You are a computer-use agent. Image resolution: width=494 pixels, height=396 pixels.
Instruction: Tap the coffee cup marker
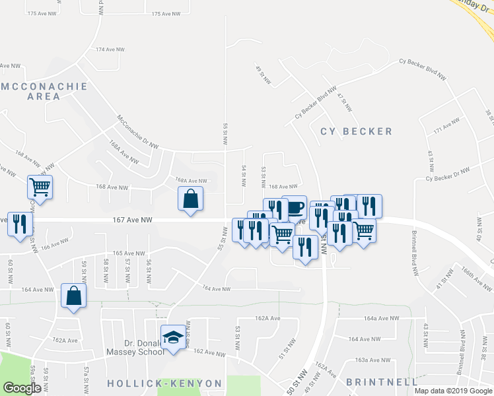tap(295, 208)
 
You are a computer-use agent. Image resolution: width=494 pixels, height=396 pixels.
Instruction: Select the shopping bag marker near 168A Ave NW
tap(190, 199)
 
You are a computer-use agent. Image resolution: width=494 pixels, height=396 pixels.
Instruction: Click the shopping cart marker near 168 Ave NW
tap(40, 187)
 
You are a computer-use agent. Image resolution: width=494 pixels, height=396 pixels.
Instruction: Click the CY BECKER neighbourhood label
tap(357, 131)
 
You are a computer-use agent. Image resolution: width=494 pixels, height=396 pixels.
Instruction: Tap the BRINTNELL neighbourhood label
tap(382, 382)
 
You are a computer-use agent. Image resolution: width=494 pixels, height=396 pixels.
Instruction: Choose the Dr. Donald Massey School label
tap(144, 348)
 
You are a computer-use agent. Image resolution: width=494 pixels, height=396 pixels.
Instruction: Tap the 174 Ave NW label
tap(110, 49)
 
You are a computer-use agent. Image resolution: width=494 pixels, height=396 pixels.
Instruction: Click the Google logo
tap(22, 387)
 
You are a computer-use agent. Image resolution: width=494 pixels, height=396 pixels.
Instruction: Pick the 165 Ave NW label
tap(128, 253)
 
